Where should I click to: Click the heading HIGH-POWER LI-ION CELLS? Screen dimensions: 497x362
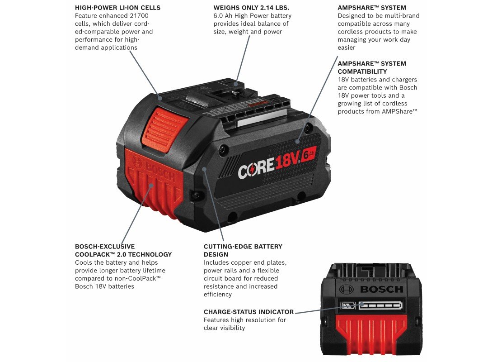(x=117, y=8)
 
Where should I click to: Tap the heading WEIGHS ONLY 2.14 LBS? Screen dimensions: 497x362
(x=251, y=8)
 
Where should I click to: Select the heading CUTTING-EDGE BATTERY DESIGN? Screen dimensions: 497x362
(x=243, y=250)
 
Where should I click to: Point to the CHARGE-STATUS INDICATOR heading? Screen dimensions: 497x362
(x=248, y=312)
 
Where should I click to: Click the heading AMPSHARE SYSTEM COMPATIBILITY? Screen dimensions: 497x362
(x=372, y=67)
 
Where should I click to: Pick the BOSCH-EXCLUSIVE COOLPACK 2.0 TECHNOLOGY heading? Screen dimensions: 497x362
(x=123, y=250)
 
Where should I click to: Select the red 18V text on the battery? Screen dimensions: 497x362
(x=287, y=162)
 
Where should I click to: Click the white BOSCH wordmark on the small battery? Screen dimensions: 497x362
(x=382, y=289)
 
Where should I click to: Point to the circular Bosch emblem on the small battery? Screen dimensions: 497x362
(x=346, y=289)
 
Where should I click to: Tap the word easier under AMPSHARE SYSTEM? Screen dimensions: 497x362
(x=347, y=48)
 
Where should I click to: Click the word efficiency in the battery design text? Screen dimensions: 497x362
(x=218, y=295)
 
